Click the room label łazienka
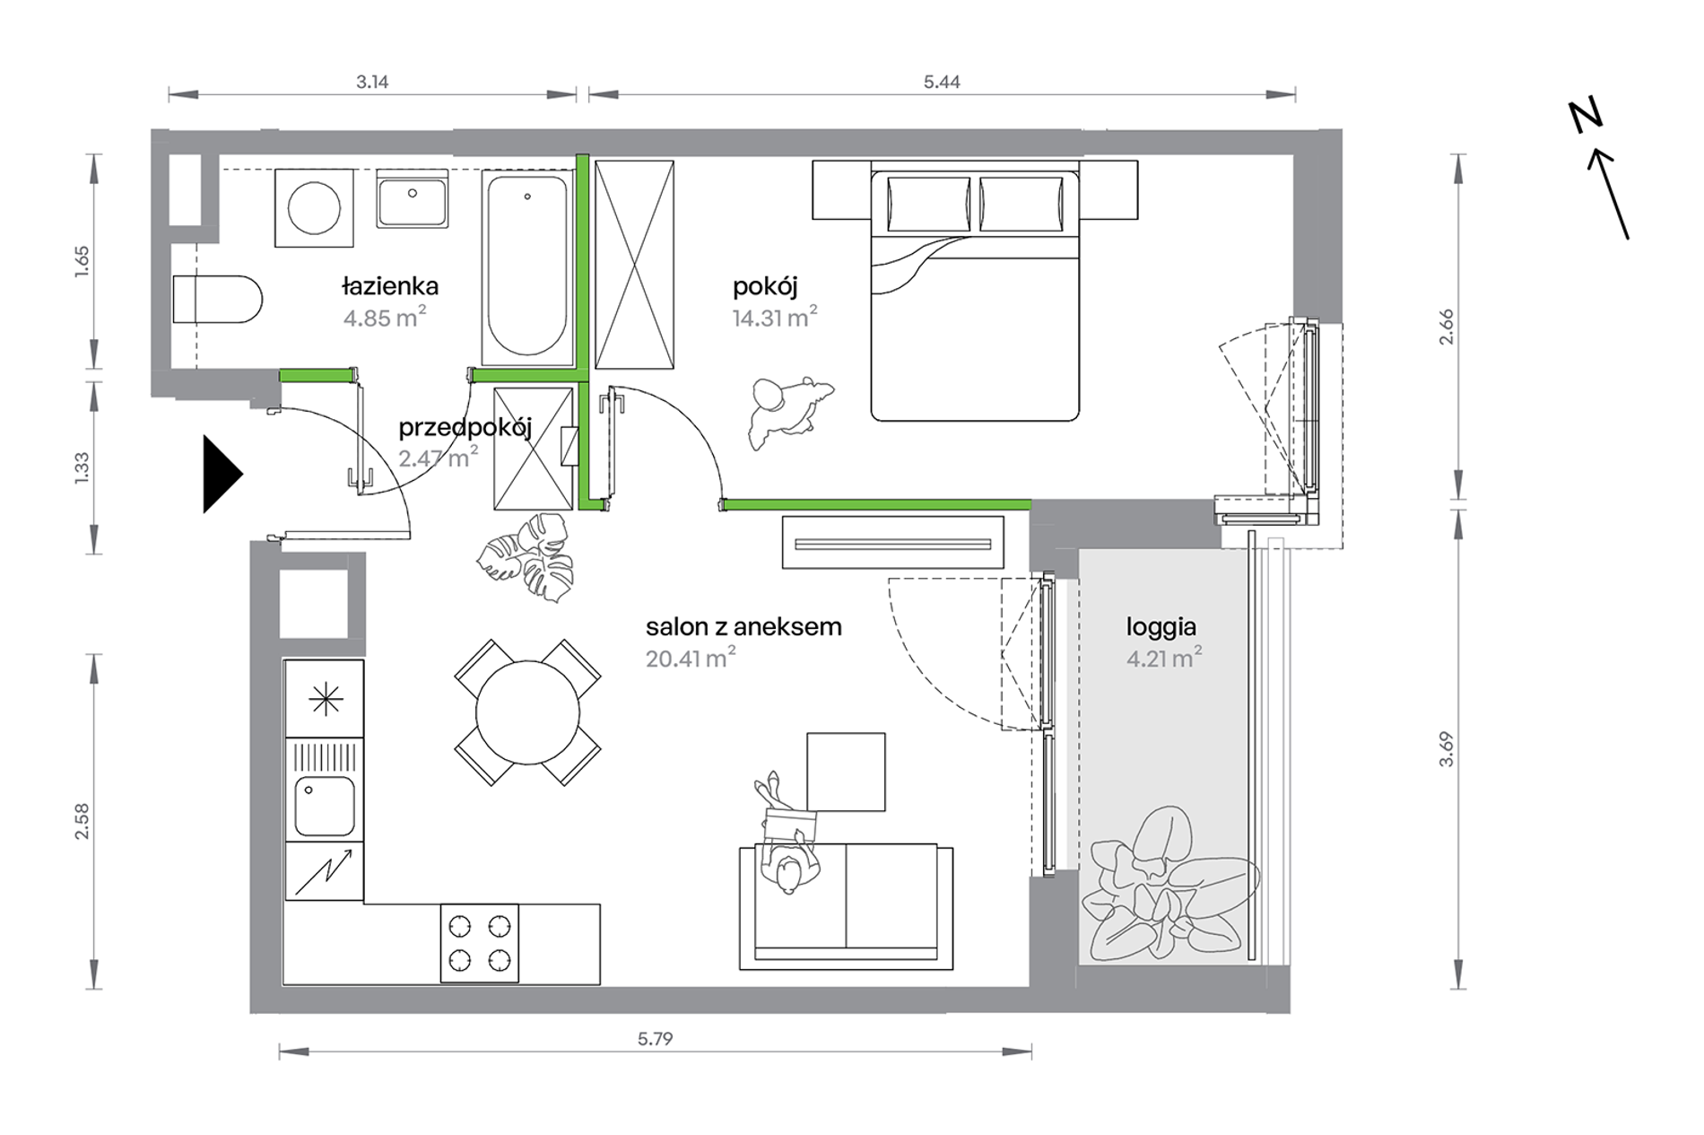coord(390,286)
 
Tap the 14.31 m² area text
coord(775,317)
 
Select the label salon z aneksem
coord(743,626)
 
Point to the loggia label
coord(1161,627)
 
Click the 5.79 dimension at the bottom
coord(655,1038)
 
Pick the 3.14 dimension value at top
coord(372,82)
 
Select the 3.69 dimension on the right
coord(1446,749)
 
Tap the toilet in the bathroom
coord(217,299)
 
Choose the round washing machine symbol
coord(314,207)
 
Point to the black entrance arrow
coord(222,474)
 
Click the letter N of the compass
coord(1586,117)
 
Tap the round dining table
coord(527,712)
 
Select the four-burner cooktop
coord(479,942)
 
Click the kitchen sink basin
coord(325,807)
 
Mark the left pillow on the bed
coord(928,204)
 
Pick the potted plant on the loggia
coord(1169,884)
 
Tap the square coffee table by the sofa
coord(846,772)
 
